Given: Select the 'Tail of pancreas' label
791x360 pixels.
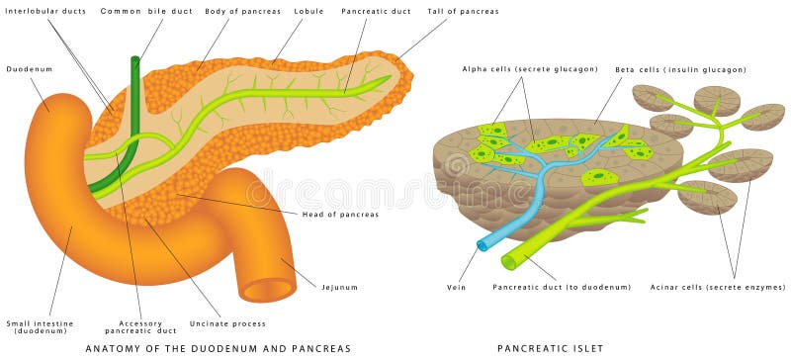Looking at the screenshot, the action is pyautogui.click(x=463, y=11).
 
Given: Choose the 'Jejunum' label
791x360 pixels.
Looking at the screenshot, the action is pyautogui.click(x=339, y=287).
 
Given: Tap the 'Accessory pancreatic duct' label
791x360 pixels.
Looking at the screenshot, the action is pyautogui.click(x=147, y=326).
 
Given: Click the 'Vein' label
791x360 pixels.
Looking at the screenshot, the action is pyautogui.click(x=456, y=287).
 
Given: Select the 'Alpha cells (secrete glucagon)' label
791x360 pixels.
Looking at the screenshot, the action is pyautogui.click(x=530, y=69).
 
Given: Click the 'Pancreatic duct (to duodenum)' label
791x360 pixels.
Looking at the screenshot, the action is pyautogui.click(x=561, y=287).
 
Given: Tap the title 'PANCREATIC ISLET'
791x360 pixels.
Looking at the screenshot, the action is pyautogui.click(x=552, y=348).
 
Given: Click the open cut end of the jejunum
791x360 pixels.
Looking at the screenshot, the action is pyautogui.click(x=269, y=290).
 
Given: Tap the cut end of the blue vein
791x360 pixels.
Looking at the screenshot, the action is pyautogui.click(x=483, y=243).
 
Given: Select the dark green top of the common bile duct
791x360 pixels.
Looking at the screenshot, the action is pyautogui.click(x=135, y=61).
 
